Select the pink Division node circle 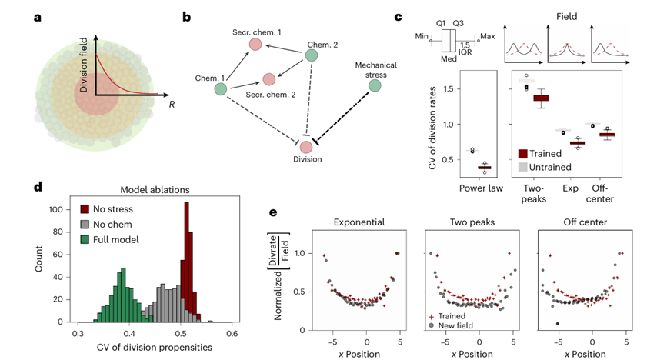307,146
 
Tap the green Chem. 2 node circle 312,55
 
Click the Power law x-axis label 481,187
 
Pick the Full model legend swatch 87,237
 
